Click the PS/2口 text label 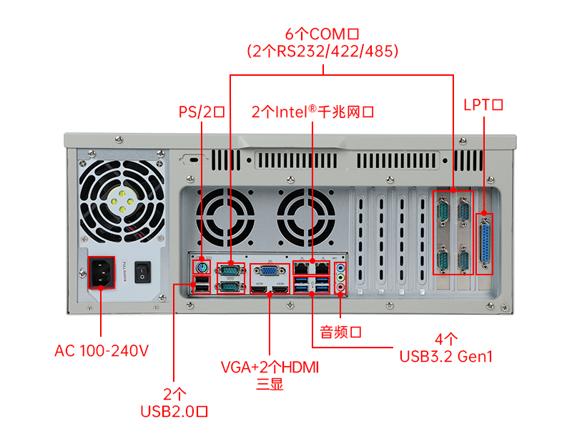202,112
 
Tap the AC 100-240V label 102,350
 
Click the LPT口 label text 483,104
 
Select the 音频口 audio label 340,332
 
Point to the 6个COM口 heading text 321,34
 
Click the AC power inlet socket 101,272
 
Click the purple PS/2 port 202,269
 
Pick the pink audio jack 341,287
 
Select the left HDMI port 258,287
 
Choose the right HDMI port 280,287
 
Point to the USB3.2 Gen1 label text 446,355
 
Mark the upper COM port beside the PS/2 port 230,270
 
